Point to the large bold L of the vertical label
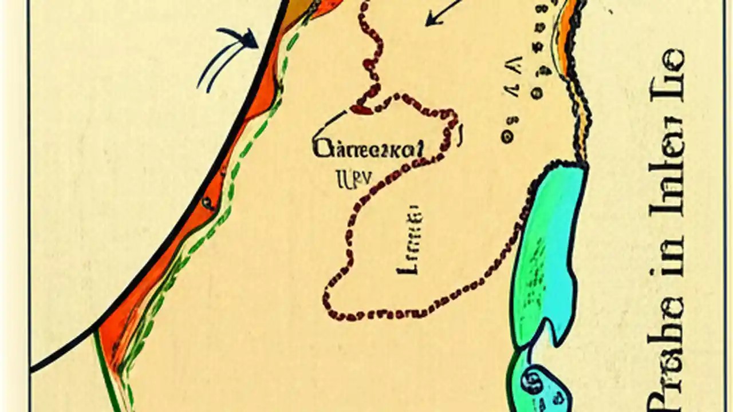point(411,267)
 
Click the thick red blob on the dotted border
point(362,108)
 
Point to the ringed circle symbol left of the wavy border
point(506,137)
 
